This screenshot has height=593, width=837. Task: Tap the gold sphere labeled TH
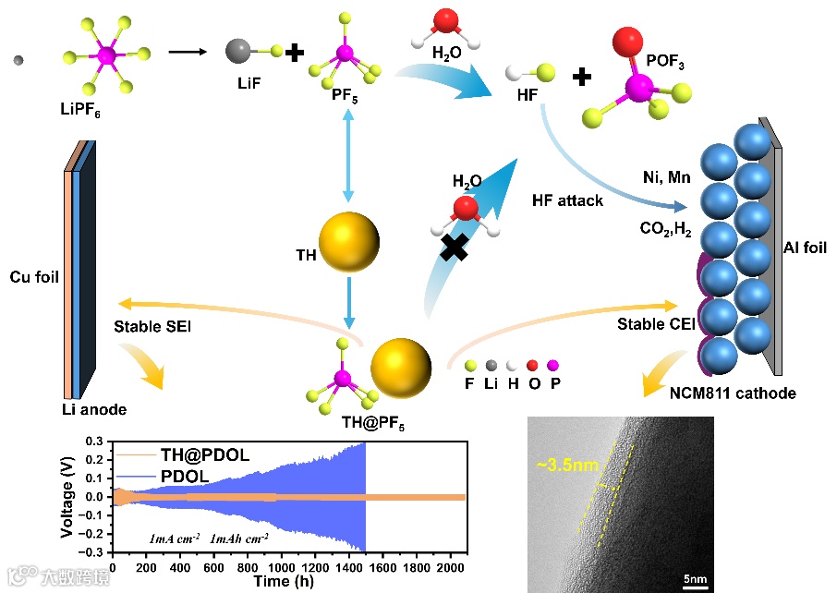pyautogui.click(x=349, y=243)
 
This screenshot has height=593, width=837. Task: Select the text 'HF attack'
pyautogui.click(x=568, y=200)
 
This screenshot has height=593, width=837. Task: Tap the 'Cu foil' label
pyautogui.click(x=34, y=275)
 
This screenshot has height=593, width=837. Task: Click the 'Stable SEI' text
pyautogui.click(x=150, y=326)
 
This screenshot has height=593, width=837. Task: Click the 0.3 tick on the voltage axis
pyautogui.click(x=95, y=442)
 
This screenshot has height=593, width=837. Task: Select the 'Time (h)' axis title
pyautogui.click(x=287, y=582)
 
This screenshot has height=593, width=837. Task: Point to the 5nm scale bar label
pyautogui.click(x=696, y=580)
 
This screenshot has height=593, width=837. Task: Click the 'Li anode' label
pyautogui.click(x=89, y=409)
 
